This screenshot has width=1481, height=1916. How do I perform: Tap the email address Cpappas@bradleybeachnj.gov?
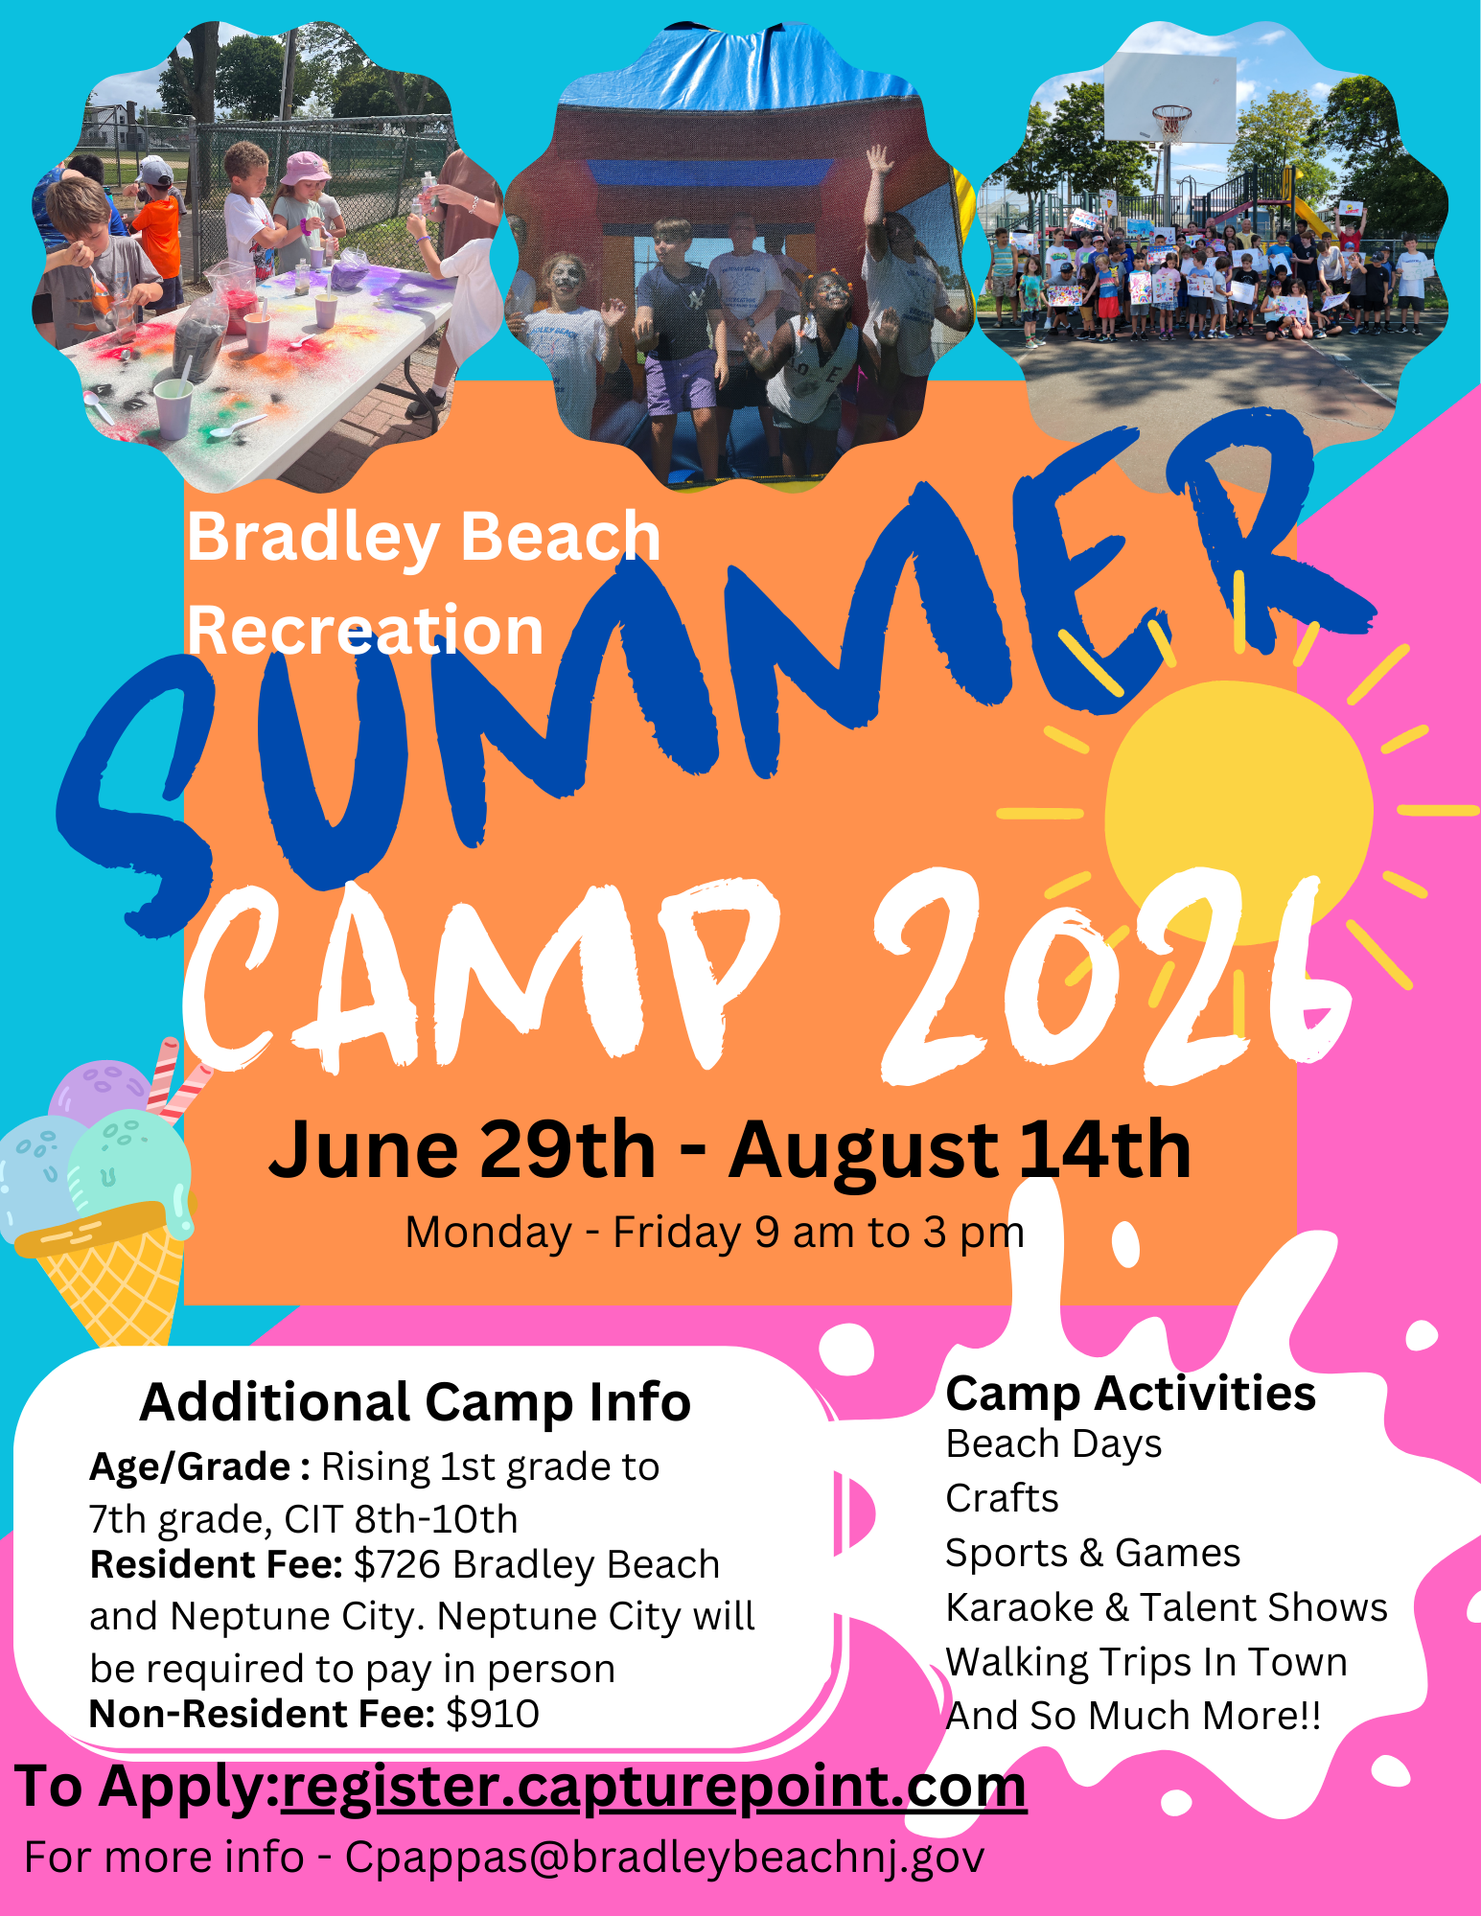pos(664,1858)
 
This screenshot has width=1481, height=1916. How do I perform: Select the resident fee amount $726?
pos(398,1565)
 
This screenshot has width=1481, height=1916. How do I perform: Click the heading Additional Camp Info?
pos(415,1402)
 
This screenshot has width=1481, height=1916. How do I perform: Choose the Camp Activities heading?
pos(1131,1394)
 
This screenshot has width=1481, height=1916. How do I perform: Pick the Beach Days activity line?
pos(1053,1444)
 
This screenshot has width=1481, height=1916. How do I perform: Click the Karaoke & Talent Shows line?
pos(1167,1607)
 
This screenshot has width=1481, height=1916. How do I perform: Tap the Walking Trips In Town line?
pos(1146,1663)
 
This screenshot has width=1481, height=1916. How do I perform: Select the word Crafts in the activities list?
pos(1002,1498)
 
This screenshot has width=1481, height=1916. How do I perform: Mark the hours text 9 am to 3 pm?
pos(890,1233)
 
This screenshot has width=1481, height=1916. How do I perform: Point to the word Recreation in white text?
pos(365,631)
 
